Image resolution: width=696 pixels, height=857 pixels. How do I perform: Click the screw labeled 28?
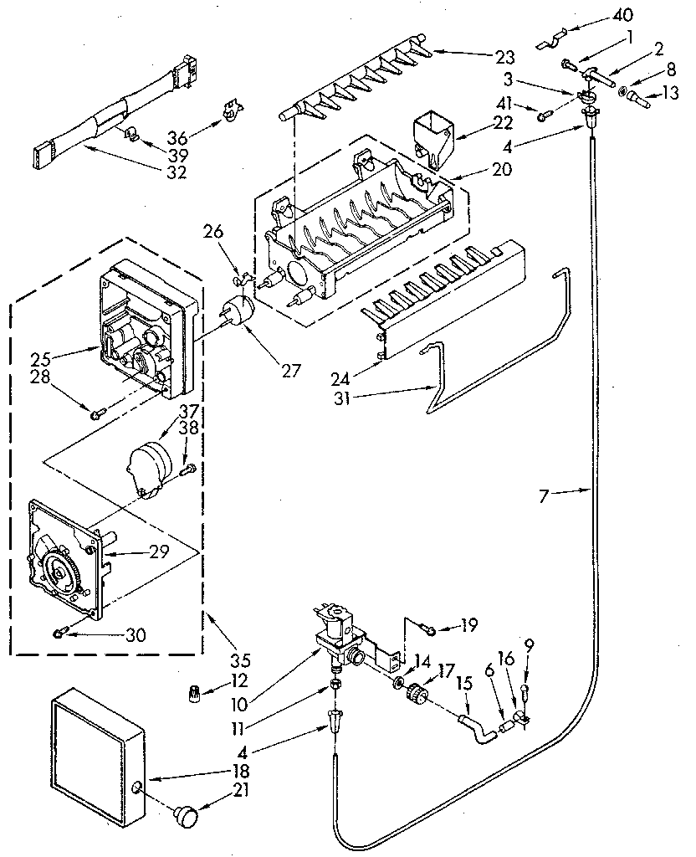coord(96,409)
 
